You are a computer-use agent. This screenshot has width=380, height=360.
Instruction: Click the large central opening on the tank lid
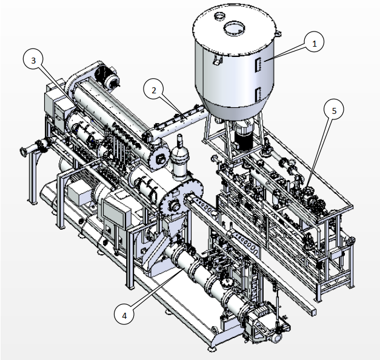(x=234, y=28)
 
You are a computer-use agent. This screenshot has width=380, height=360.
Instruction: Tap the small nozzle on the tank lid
(x=219, y=16)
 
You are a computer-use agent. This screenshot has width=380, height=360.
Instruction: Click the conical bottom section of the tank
(x=234, y=109)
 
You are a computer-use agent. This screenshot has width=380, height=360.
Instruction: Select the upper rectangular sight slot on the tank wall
(x=258, y=64)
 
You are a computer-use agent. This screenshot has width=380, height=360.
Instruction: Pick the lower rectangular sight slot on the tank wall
(x=258, y=95)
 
